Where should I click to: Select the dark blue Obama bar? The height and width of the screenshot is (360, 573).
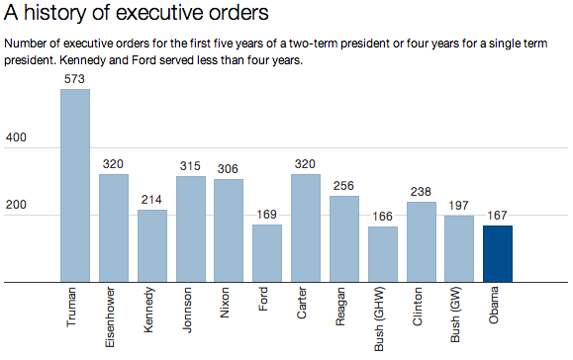point(498,254)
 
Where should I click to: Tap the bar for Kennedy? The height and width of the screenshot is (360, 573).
point(152,246)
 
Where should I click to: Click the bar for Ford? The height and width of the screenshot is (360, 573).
point(267,253)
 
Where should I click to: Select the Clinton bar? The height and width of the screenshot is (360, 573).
point(422,242)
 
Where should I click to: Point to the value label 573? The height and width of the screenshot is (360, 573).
point(75,79)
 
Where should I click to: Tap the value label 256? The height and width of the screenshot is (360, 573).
point(344,186)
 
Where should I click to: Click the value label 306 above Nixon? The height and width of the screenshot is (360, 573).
point(229,169)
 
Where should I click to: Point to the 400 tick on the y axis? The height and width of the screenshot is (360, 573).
point(17,138)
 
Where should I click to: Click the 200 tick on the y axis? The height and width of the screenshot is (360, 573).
point(17,206)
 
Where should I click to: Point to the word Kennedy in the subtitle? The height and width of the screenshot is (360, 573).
point(85,60)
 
